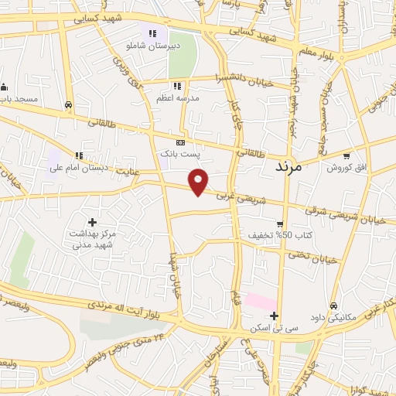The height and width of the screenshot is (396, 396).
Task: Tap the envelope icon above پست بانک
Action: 180,142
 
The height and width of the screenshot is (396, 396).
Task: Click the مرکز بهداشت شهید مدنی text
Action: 93,238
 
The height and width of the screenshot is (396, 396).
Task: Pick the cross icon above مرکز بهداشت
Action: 92,222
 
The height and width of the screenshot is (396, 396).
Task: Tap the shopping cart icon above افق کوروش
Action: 347,155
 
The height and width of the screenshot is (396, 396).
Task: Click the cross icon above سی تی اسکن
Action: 274,316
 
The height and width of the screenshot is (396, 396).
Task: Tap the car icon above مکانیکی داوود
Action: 333,305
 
